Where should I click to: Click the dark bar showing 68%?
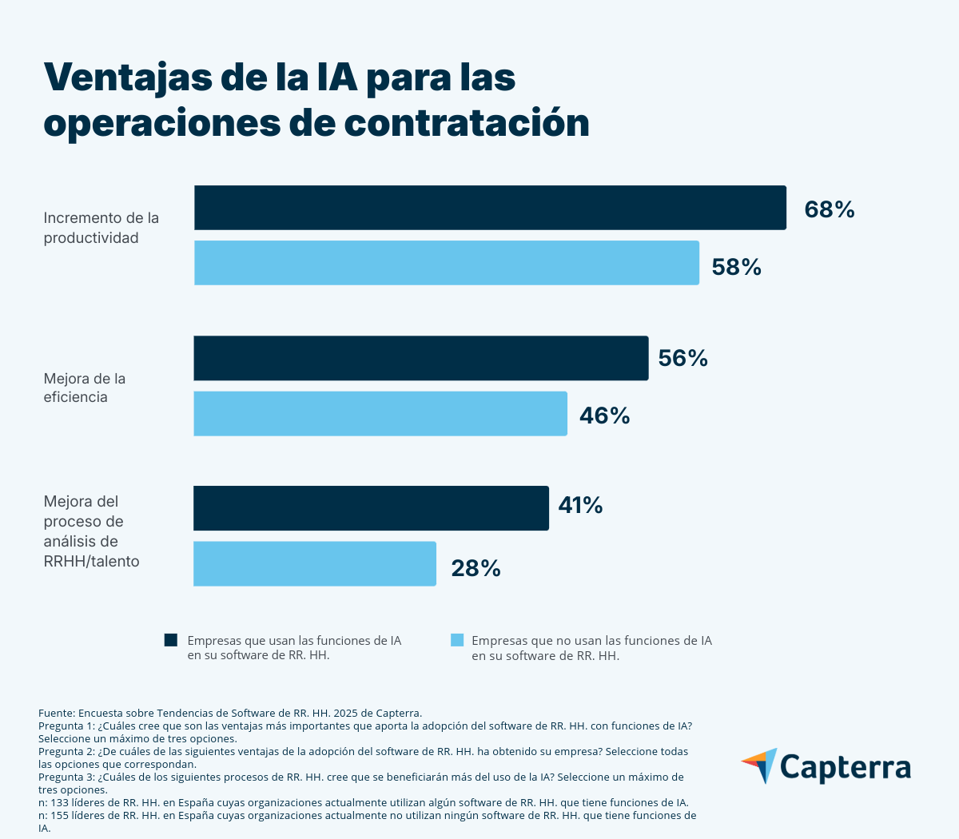pyautogui.click(x=490, y=208)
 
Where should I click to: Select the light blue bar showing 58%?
pyautogui.click(x=446, y=263)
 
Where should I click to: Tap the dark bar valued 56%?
pyautogui.click(x=420, y=358)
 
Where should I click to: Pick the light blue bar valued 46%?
pyautogui.click(x=380, y=414)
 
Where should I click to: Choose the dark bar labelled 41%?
pyautogui.click(x=371, y=508)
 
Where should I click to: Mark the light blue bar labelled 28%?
pyautogui.click(x=315, y=564)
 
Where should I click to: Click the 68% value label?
pyautogui.click(x=830, y=209)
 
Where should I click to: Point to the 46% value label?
pyautogui.click(x=605, y=416)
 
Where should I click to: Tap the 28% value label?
pyautogui.click(x=476, y=568)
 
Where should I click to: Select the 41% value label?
pyautogui.click(x=580, y=505)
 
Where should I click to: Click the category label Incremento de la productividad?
pyautogui.click(x=101, y=228)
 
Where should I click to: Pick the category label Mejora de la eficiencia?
pyautogui.click(x=84, y=388)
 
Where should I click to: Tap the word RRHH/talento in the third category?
pyautogui.click(x=91, y=562)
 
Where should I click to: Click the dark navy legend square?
pyautogui.click(x=170, y=640)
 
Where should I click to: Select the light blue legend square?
pyautogui.click(x=457, y=640)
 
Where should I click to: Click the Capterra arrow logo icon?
pyautogui.click(x=760, y=765)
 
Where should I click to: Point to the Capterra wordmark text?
pyautogui.click(x=846, y=767)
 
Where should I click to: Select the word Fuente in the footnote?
pyautogui.click(x=56, y=713)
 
